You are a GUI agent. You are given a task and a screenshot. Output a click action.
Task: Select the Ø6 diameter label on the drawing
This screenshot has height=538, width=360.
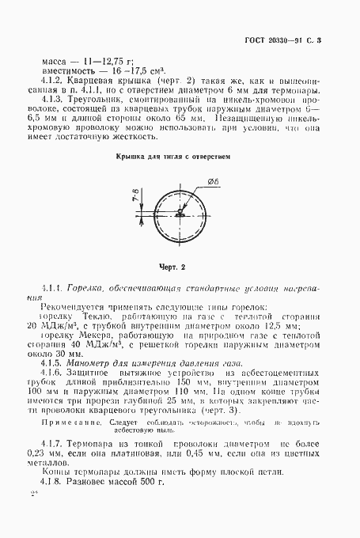tap(213, 181)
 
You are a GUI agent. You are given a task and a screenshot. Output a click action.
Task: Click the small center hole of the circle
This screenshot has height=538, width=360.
tap(182, 213)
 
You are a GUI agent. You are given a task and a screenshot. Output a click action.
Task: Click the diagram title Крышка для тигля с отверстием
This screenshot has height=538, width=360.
tap(173, 157)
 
